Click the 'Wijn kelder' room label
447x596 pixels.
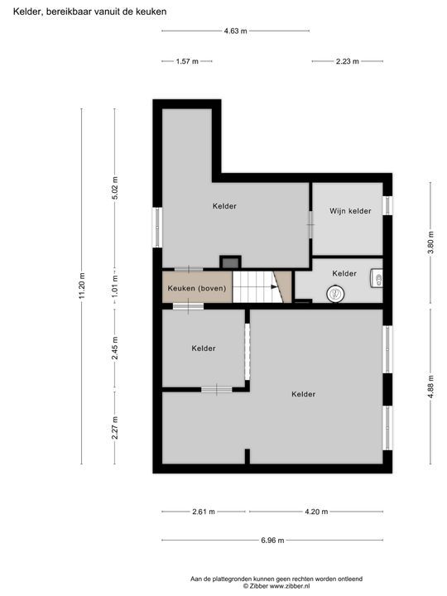[349, 211]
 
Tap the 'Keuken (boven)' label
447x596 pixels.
[197, 288]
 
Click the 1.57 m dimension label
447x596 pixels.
[187, 61]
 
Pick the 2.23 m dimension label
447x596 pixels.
[348, 61]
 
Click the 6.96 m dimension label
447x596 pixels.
[271, 541]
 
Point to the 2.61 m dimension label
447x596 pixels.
[203, 512]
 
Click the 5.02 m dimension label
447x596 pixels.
[115, 189]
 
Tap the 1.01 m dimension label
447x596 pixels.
[115, 286]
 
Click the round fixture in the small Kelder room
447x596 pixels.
[336, 292]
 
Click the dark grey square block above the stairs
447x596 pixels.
[229, 262]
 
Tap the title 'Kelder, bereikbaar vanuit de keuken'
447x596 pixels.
[89, 12]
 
